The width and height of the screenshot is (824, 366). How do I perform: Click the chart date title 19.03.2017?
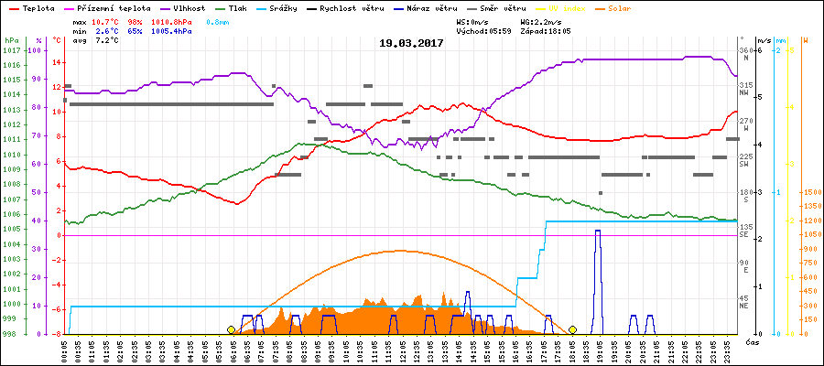point(412,43)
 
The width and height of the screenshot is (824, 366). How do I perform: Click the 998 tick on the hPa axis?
point(10,333)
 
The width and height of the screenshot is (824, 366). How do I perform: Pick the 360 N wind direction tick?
point(745,50)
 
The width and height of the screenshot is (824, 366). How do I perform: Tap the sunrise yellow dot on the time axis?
point(231,329)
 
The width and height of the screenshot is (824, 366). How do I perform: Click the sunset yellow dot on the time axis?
point(572,329)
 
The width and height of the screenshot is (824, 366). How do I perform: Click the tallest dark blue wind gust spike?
point(597,233)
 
